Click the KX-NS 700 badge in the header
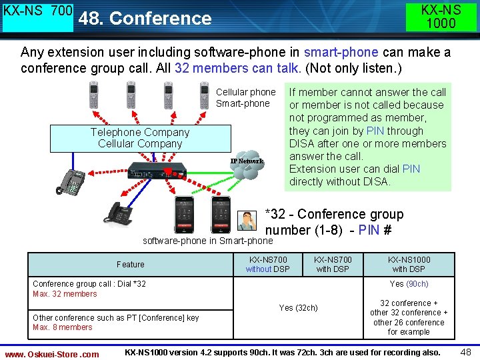38,16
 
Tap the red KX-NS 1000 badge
441,17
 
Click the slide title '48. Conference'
145,18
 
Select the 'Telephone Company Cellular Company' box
140,138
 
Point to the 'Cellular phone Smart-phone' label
245,97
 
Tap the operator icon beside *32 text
248,220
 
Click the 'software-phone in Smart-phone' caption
208,241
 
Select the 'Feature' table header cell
130,264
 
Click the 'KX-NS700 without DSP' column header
267,264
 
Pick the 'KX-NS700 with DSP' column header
333,264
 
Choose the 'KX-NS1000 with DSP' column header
409,264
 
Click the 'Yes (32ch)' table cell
298,308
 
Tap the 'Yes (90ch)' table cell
409,284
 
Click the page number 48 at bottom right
465,351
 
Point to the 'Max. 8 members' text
63,327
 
